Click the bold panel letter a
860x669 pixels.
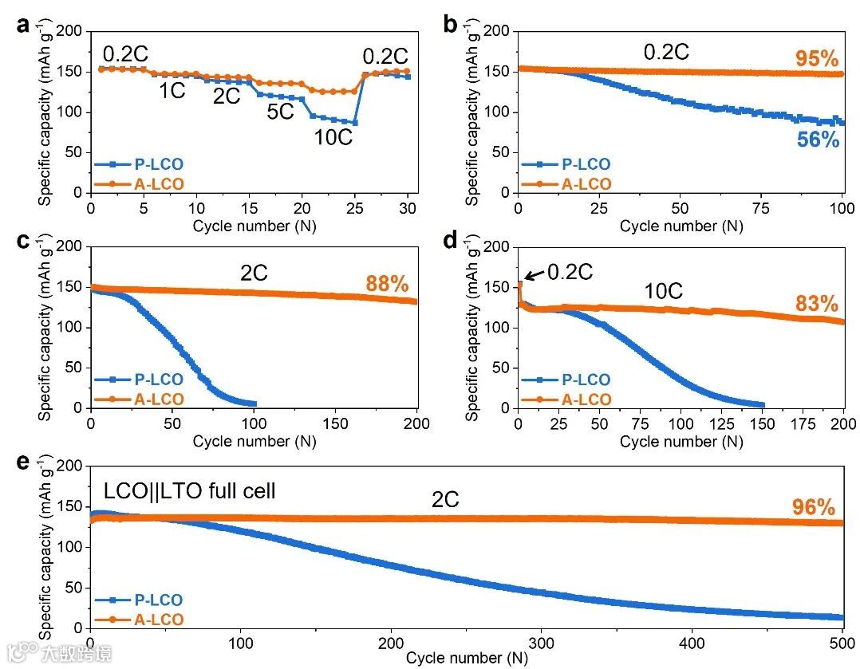[x=23, y=24]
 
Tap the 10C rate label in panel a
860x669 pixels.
[x=332, y=136]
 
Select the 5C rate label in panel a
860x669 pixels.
[x=281, y=112]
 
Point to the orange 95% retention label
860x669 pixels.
[x=817, y=59]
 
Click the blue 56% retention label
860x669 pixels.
[x=818, y=140]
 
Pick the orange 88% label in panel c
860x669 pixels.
[x=387, y=283]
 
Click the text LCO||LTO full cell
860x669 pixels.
[x=187, y=490]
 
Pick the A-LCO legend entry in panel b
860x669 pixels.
[x=567, y=184]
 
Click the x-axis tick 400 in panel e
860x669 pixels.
[x=692, y=643]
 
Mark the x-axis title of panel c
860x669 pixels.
[x=254, y=441]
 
